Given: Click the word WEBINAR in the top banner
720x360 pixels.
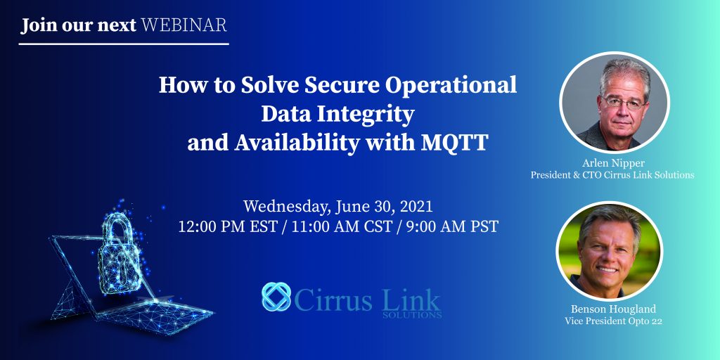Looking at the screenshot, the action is pos(184,25).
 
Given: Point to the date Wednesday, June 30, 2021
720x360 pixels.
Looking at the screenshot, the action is pos(338,207).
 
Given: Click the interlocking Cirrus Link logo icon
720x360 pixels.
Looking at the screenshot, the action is pos(276,297).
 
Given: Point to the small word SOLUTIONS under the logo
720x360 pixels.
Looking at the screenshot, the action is pos(412,316).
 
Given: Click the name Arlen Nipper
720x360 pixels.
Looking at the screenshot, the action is pos(612,163).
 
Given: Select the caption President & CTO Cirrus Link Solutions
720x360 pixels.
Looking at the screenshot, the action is pos(612,175).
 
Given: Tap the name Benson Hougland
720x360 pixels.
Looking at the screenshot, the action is pos(613,309).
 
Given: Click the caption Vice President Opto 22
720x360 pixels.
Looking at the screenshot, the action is pos(613,321).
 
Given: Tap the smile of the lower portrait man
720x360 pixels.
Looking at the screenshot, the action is pos(607,270).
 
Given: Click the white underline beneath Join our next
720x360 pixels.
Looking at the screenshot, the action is pos(124,44).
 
